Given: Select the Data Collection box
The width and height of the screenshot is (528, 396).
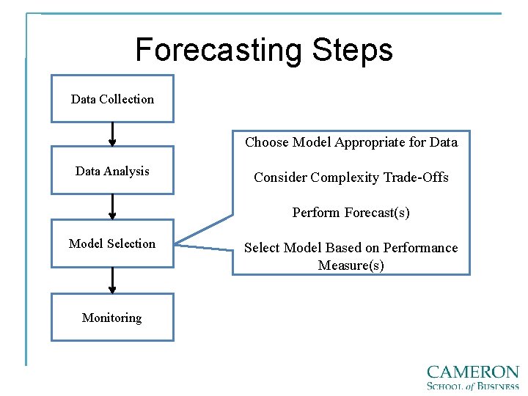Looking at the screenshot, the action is point(112,99).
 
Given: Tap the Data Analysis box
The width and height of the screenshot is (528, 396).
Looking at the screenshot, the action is point(112,171).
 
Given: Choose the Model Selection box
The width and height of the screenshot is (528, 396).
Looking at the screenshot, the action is point(112,243).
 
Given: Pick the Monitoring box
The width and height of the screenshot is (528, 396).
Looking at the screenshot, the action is point(112,318).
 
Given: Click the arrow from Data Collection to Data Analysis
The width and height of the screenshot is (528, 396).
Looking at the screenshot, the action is point(112,133).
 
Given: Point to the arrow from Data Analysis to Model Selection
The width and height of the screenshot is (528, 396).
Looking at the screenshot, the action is point(112,206).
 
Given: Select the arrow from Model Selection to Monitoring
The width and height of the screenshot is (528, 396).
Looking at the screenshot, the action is point(112,280).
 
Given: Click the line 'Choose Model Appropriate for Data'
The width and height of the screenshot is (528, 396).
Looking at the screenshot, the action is point(351,142).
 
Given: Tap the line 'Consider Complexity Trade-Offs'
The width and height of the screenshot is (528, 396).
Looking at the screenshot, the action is point(351,177).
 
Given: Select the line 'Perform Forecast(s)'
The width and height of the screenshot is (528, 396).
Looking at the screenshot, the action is point(351,213).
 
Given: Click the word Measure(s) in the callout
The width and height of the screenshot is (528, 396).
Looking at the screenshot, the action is point(351,265).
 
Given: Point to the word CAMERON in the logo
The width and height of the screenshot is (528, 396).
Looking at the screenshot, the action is point(472,373).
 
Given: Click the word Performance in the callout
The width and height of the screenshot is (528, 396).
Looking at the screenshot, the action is point(422,248).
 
